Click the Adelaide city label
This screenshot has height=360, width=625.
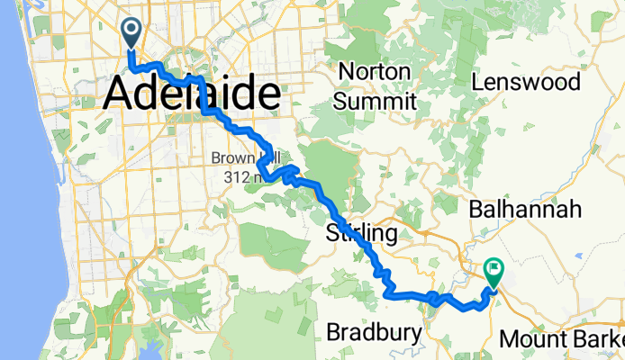193,94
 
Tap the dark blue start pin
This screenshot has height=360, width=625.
131,33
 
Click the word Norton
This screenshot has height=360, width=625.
374,71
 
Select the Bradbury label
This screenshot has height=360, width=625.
374,333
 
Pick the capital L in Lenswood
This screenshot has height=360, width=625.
477,83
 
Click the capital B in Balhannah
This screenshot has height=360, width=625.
476,210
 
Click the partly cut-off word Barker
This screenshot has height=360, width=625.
603,340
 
